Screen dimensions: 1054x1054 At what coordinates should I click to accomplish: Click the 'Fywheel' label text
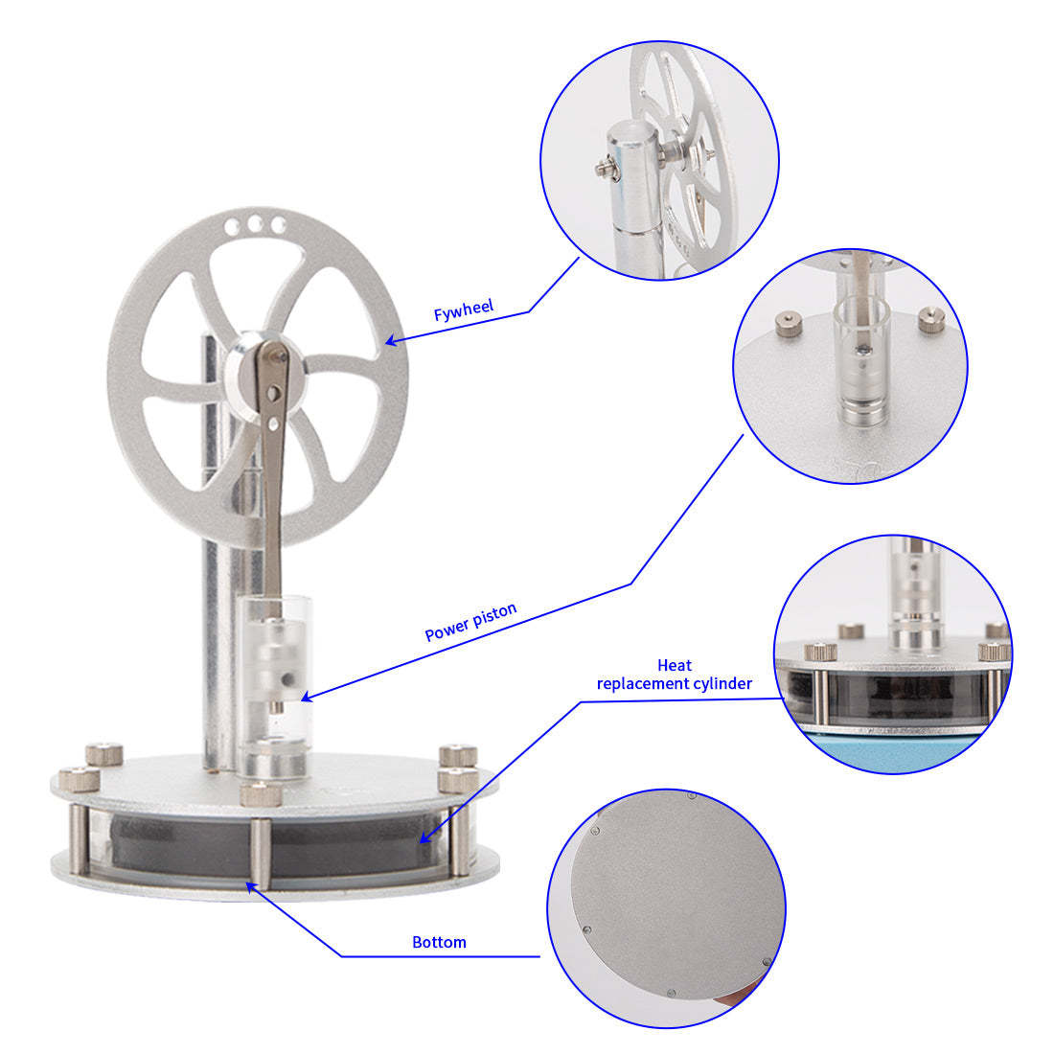[x=464, y=310]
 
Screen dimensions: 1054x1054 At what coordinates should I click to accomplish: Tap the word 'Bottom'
[x=439, y=942]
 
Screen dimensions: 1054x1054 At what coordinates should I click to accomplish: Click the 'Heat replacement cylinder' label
[x=674, y=675]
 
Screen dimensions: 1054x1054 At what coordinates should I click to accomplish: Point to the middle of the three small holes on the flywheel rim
[x=255, y=224]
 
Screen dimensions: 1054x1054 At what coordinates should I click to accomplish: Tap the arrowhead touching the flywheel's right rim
[x=391, y=340]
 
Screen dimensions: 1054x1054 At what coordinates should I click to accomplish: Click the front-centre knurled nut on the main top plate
[x=257, y=794]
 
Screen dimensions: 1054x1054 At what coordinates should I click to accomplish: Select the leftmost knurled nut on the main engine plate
[x=74, y=779]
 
